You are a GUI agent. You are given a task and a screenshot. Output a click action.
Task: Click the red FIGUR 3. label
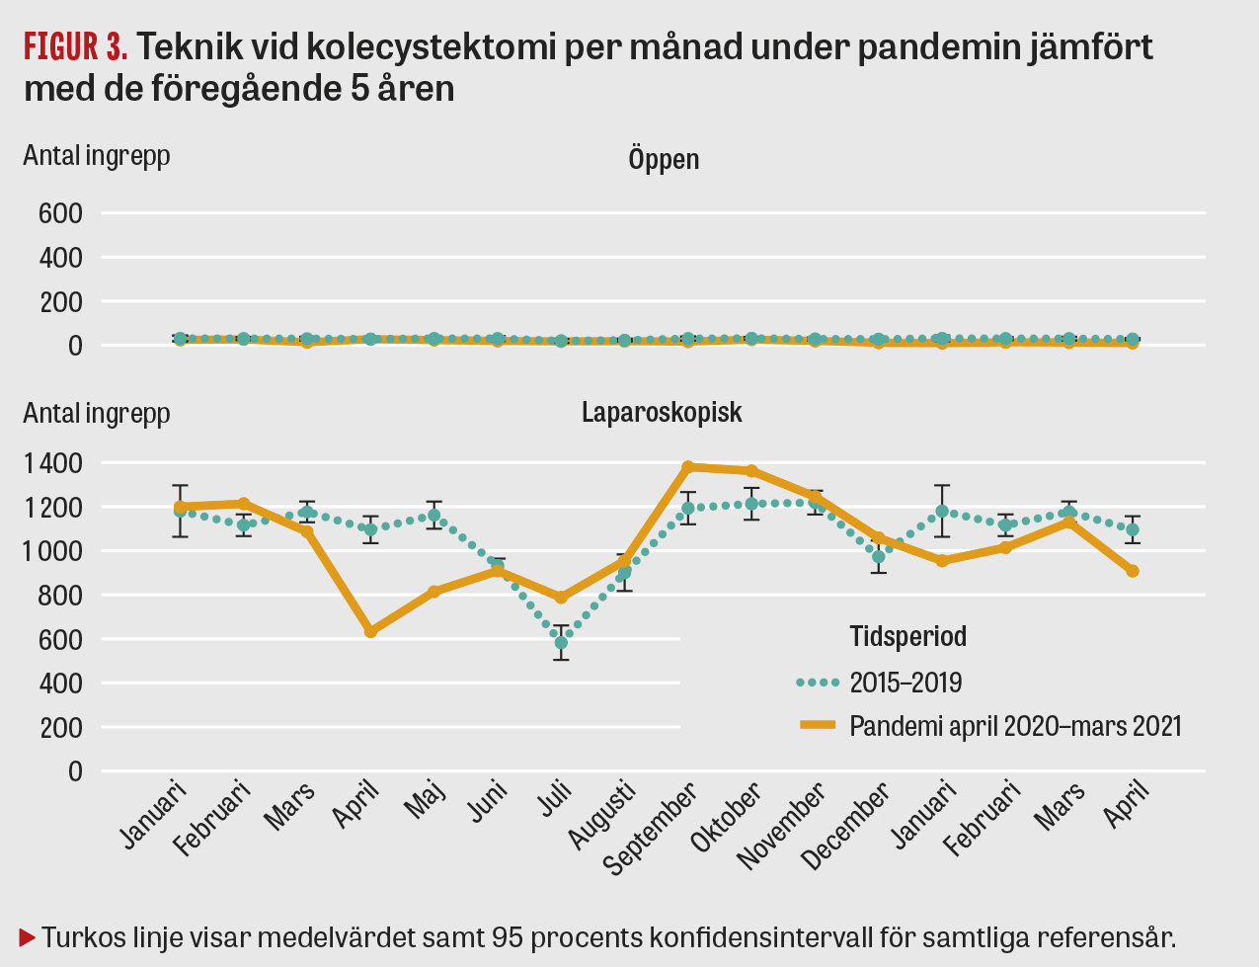[x=75, y=46]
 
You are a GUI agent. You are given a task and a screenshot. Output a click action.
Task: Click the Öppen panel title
[x=664, y=159]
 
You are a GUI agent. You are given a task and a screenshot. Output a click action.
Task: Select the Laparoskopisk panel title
[x=662, y=412]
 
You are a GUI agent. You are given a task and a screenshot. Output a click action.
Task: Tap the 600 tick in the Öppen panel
[x=61, y=213]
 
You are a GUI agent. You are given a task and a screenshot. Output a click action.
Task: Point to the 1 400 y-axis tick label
[x=53, y=463]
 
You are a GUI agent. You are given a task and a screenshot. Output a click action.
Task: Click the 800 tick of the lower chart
[x=61, y=596]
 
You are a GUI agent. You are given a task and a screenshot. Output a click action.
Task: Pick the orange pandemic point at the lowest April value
[x=370, y=631]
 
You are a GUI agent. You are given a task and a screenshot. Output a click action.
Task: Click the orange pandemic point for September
[x=688, y=466]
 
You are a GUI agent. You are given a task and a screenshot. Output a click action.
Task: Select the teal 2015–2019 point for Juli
[x=561, y=643]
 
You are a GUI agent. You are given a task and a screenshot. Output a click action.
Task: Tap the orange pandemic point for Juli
[x=561, y=598]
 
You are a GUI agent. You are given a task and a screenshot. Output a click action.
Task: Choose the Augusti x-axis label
[x=601, y=816]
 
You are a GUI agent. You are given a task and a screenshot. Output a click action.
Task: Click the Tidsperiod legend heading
[x=908, y=637]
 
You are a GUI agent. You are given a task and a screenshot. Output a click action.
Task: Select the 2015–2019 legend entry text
[x=905, y=683]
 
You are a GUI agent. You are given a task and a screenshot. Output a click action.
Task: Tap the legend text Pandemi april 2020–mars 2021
[x=1015, y=726]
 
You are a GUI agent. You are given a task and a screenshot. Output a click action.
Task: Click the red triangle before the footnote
[x=28, y=934]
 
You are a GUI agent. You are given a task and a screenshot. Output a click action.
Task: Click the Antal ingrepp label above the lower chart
[x=97, y=413]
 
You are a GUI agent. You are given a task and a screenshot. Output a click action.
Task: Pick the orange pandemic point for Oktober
[x=752, y=470]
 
